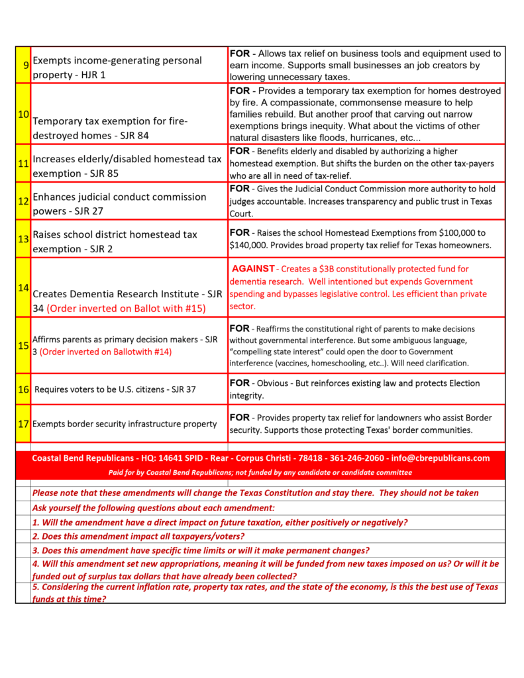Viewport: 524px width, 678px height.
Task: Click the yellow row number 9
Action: pyautogui.click(x=25, y=65)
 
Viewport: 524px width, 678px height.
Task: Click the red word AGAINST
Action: pyautogui.click(x=253, y=269)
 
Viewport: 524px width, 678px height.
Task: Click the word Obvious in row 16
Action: pyautogui.click(x=274, y=383)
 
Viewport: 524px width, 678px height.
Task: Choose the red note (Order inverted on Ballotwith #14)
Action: pyautogui.click(x=105, y=352)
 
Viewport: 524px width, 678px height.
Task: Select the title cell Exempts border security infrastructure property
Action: pyautogui.click(x=125, y=424)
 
